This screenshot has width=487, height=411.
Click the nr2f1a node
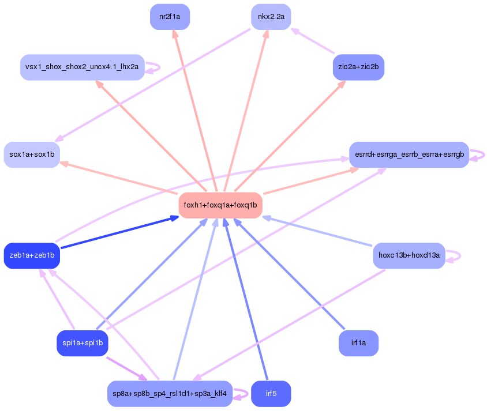pyautogui.click(x=170, y=17)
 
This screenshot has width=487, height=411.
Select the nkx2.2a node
pyautogui.click(x=271, y=17)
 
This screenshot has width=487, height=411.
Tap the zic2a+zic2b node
pyautogui.click(x=358, y=67)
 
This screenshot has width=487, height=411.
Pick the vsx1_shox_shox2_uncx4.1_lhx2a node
pyautogui.click(x=82, y=67)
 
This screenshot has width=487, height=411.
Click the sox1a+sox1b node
pyautogui.click(x=32, y=154)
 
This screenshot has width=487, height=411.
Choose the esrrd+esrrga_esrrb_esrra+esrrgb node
pyautogui.click(x=409, y=154)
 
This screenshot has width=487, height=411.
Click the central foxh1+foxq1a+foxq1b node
pyautogui.click(x=220, y=205)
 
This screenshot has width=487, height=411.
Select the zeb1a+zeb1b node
pyautogui.click(x=32, y=255)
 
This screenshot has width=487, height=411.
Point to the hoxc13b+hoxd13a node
pyautogui.click(x=409, y=255)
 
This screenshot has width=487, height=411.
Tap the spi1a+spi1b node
pyautogui.click(x=82, y=343)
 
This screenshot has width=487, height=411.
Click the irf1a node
pyautogui.click(x=358, y=343)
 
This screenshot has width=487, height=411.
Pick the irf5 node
pyautogui.click(x=271, y=394)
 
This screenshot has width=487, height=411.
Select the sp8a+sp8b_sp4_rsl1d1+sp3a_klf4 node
pyautogui.click(x=170, y=394)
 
